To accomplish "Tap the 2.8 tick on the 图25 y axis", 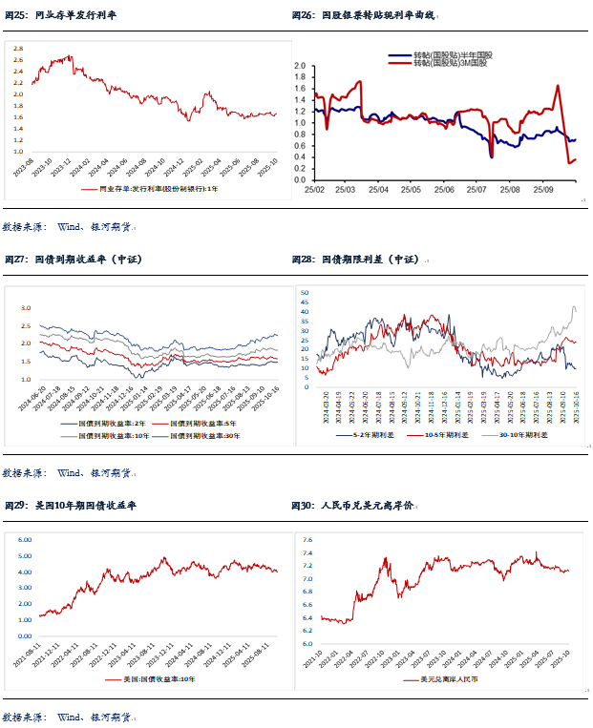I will click(x=18, y=48).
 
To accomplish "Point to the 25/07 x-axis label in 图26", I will click(x=479, y=190).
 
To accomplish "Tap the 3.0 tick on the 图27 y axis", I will click(x=27, y=308).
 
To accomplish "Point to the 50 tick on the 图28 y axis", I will click(x=305, y=291).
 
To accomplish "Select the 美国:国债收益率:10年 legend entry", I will click(x=153, y=679).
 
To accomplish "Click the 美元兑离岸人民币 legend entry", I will click(x=449, y=679).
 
